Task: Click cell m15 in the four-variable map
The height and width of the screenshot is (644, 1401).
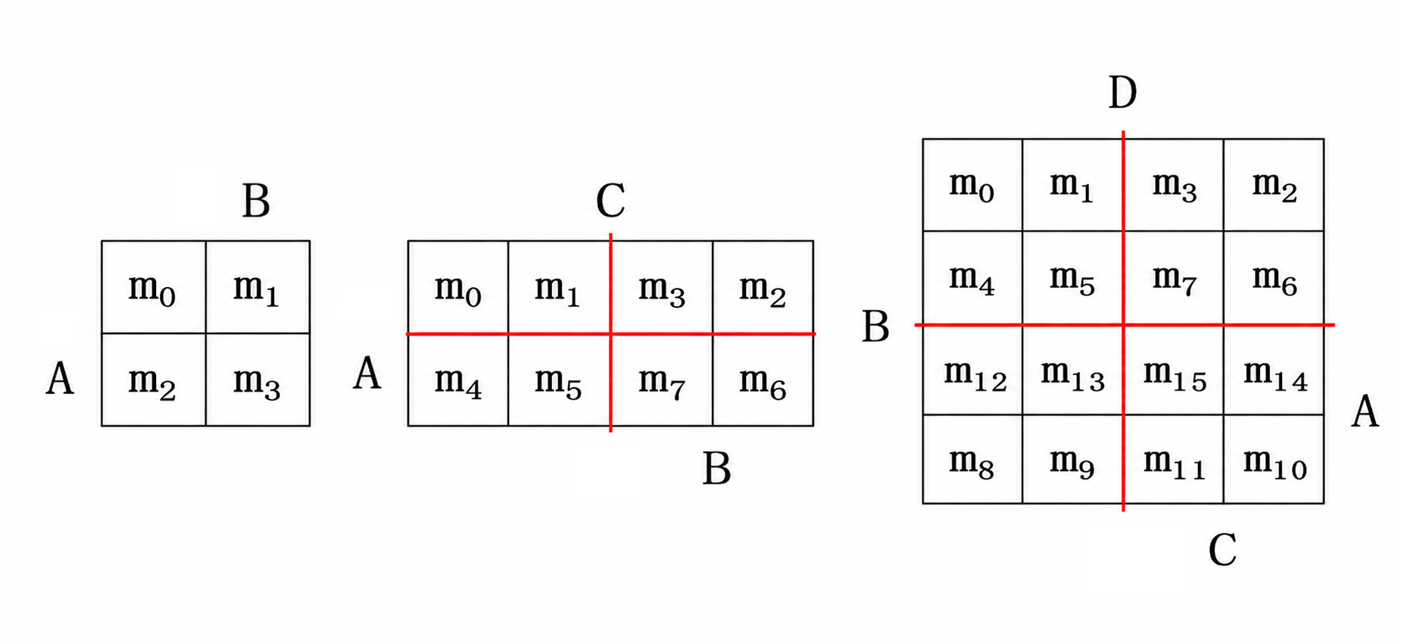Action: click(x=1173, y=370)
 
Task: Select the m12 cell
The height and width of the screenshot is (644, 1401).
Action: click(x=972, y=370)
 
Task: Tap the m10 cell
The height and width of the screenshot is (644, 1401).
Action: click(x=1274, y=459)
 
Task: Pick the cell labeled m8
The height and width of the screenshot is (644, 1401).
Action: click(x=972, y=459)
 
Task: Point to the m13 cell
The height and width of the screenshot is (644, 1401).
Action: click(x=1072, y=370)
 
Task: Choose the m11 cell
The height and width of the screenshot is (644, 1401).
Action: click(x=1173, y=459)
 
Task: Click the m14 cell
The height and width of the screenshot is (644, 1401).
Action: click(x=1274, y=370)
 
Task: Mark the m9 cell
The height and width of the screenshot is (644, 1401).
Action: click(x=1072, y=459)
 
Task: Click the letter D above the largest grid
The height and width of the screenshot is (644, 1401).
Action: click(x=1122, y=93)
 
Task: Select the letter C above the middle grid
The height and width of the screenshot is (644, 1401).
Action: click(x=610, y=201)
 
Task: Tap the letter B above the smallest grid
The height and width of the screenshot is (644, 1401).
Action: click(x=256, y=202)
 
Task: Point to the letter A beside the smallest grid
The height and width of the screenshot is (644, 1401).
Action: click(x=60, y=378)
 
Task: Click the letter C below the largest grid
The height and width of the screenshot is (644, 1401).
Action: click(x=1222, y=549)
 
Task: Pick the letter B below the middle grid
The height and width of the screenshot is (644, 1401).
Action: click(x=716, y=468)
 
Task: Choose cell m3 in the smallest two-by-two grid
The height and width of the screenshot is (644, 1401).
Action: click(x=257, y=380)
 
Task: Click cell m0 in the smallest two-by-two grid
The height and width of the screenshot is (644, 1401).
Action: click(x=154, y=287)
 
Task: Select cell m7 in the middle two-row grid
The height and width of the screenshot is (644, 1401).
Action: click(x=661, y=380)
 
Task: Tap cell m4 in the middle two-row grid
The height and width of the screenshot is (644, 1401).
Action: click(x=458, y=380)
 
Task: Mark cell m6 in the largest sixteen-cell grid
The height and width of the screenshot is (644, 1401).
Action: click(x=1274, y=278)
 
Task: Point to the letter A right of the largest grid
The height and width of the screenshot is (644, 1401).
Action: click(x=1365, y=412)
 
